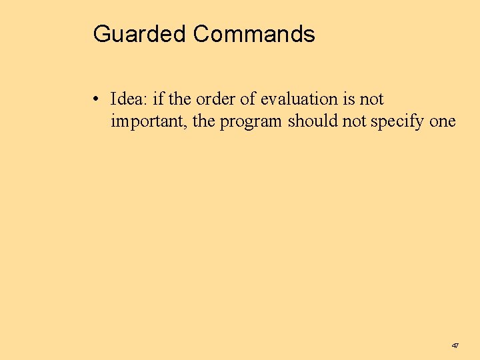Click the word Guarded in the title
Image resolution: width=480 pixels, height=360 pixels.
(140, 33)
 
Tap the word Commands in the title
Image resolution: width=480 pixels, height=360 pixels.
(254, 33)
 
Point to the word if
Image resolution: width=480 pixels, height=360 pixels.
(158, 99)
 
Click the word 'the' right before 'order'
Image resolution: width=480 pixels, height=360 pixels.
(180, 99)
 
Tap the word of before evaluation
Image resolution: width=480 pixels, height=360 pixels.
(247, 99)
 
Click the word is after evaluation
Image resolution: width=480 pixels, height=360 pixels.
(348, 99)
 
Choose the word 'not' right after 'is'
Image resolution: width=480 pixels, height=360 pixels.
(371, 99)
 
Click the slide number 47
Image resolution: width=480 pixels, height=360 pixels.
(455, 346)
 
